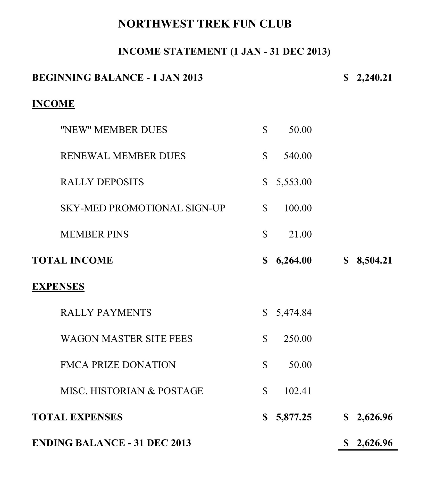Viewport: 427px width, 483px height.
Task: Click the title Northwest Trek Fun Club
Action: pos(205,24)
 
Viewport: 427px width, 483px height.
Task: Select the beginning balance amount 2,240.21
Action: pos(374,78)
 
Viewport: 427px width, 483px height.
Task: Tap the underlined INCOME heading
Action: pos(53,104)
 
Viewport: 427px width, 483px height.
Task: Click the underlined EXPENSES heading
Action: pos(58,286)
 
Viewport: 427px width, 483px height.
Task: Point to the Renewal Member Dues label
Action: pos(123,156)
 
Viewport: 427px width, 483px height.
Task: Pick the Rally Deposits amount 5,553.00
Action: pos(294,182)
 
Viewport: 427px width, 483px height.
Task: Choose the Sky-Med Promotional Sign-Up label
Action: pos(143,208)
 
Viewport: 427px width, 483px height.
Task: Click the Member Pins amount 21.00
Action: pos(300,234)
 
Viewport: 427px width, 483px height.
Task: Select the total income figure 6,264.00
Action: pos(294,260)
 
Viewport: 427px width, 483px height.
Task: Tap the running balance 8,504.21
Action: pos(374,260)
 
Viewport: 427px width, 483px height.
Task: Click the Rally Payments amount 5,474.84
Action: pos(294,313)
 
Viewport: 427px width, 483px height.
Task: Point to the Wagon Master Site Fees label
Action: pos(126,339)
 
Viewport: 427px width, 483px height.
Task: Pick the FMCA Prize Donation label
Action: pos(118,365)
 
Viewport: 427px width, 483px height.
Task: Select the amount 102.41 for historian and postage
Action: pos(297,391)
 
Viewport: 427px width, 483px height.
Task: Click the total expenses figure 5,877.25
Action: pos(294,417)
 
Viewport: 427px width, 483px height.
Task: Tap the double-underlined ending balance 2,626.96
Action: pos(374,443)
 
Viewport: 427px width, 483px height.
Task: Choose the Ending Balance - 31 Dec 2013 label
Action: pos(111,443)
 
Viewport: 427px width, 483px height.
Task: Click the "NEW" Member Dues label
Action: pos(114,130)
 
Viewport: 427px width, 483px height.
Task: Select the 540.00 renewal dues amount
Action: pos(298,156)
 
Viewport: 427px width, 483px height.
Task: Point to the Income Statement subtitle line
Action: pos(224,51)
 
